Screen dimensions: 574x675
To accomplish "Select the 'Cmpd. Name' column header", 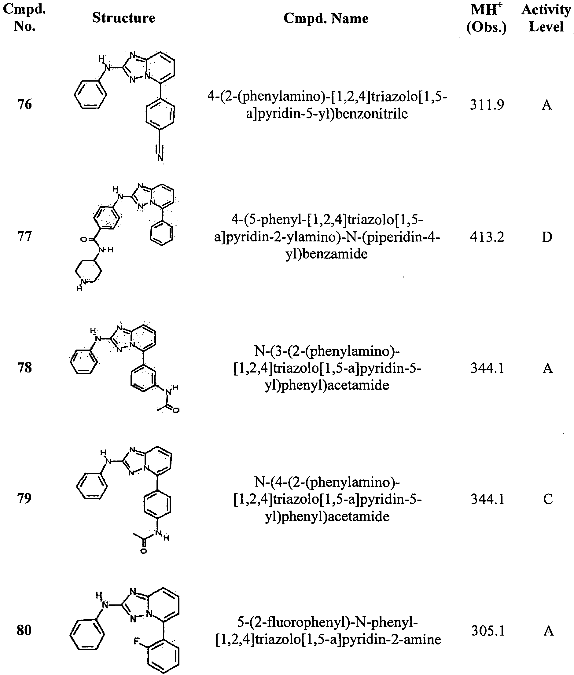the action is pos(326,18).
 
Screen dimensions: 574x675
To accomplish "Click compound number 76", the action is pos(25,105).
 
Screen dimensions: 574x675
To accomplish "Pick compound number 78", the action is pos(25,368).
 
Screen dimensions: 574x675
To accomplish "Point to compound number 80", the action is pos(24,630).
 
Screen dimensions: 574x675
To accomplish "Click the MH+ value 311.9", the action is pos(487,105).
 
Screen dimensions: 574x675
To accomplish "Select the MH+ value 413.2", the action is pos(487,237).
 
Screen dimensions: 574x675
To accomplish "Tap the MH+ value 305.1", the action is pos(488,631).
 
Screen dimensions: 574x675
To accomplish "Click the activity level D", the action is pos(547,237).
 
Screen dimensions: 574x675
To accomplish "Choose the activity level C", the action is pos(548,499).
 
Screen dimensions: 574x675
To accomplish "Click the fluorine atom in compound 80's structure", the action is pos(137,641).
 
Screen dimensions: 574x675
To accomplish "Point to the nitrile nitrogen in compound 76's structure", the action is pos(160,158).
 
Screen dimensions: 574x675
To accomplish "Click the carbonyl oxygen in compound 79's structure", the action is pos(144,551).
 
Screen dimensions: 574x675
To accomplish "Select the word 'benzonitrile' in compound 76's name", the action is pos(371,114).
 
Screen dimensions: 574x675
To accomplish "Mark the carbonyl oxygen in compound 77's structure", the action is pos(83,240).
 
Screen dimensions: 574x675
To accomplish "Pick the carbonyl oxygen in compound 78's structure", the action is pos(176,410).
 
